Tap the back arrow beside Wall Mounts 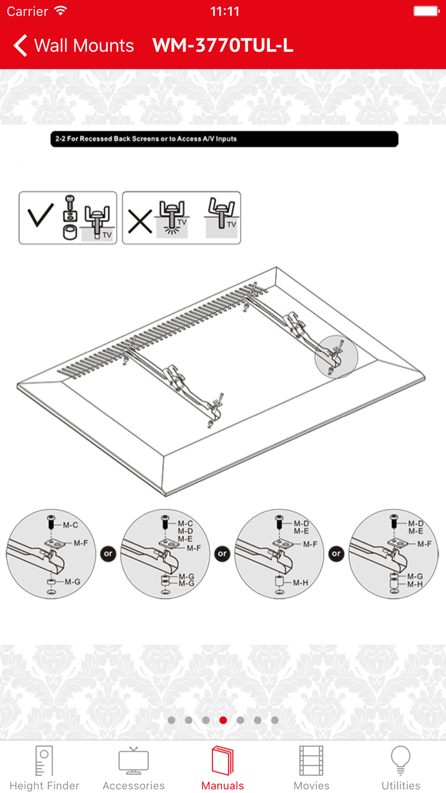click(21, 45)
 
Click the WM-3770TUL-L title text click(223, 45)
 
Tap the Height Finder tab click(44, 768)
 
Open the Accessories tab click(133, 768)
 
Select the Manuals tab click(223, 768)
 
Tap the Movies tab click(311, 768)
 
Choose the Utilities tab click(401, 768)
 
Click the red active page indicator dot click(223, 720)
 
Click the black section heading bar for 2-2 click(224, 139)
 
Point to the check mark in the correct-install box click(41, 215)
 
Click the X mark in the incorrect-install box click(140, 222)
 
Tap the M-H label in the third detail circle click(300, 582)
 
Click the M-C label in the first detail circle click(70, 525)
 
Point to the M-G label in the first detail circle click(72, 582)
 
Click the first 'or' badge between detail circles click(108, 554)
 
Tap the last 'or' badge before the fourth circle click(336, 554)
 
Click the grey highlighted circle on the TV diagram click(336, 357)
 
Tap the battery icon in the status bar click(426, 11)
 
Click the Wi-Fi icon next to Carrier click(60, 11)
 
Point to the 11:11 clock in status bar click(225, 11)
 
